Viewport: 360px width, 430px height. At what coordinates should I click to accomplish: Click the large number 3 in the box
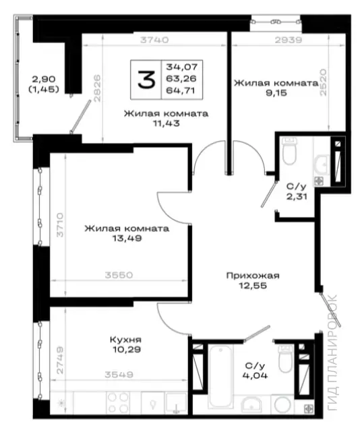point(146,80)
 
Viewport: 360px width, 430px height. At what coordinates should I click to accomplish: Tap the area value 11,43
point(167,123)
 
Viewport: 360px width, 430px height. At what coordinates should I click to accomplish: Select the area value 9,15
point(276,93)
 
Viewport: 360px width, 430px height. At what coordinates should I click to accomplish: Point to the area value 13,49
point(127,239)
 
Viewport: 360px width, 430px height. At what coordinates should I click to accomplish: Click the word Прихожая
point(253,276)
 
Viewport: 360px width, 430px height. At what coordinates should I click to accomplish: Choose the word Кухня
point(125,340)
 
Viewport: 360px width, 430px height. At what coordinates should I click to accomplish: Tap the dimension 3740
point(154,40)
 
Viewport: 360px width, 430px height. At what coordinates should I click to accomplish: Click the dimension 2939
point(289,40)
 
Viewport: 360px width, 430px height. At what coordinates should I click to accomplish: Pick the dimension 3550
point(119,275)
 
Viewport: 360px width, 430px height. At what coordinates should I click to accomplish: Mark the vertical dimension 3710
point(60,225)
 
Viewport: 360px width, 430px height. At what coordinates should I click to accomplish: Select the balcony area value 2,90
point(44,80)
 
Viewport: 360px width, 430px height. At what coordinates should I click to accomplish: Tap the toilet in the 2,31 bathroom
point(289,151)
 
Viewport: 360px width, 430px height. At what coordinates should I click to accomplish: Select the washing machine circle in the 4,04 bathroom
point(282,404)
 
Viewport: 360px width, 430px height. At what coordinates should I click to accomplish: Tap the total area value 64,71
point(181,90)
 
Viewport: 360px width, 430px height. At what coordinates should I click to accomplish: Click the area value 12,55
point(253,286)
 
